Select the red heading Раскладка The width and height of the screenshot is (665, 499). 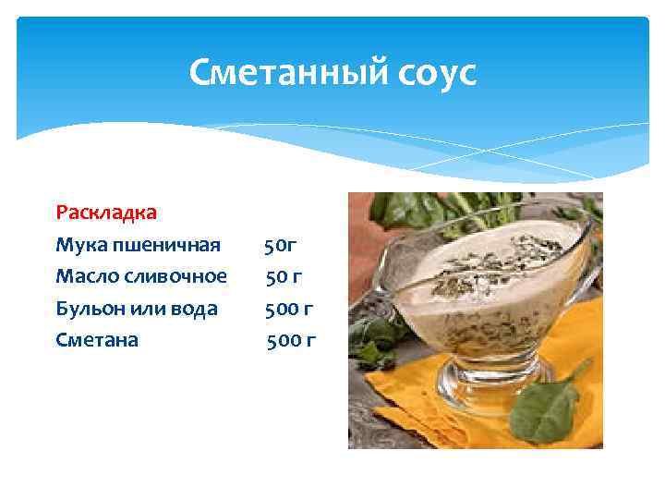pos(106,213)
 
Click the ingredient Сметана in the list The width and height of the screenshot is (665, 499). pos(97,340)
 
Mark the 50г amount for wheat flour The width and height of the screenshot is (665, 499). pos(280,246)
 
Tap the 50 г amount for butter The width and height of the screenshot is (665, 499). pos(284,276)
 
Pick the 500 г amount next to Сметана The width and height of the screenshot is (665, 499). pos(291,340)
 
